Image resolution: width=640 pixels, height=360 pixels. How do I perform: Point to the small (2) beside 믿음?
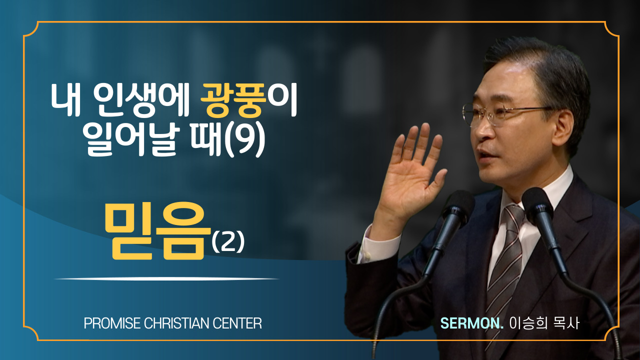coord(228,242)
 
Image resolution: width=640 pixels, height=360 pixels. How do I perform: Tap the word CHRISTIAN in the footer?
coord(176,323)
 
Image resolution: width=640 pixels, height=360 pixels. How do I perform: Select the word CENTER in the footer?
coord(237,323)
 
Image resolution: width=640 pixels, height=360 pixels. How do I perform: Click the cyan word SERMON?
coord(471,323)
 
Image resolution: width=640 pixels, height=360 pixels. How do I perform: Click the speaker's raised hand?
coord(411,171)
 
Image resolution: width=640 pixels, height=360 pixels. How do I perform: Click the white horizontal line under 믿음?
coord(166,278)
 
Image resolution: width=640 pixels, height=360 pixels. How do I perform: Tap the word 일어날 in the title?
coord(132,141)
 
